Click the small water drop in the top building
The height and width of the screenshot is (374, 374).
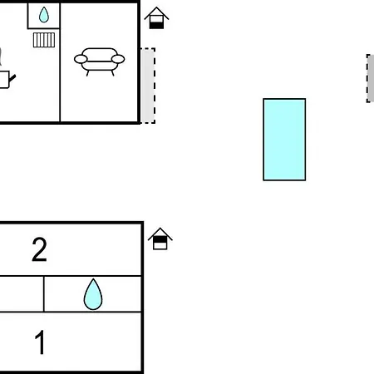pos(44,15)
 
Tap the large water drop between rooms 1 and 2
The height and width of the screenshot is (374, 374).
pos(93,294)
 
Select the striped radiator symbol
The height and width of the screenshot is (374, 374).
pos(44,40)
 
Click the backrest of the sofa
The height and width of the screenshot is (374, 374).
pos(100,52)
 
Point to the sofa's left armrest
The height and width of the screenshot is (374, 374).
pos(81,59)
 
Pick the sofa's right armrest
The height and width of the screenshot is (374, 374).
pos(118,59)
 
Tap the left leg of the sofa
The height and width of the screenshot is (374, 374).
pos(87,73)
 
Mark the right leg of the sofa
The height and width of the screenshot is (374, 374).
pos(112,73)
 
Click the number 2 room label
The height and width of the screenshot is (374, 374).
pos(39,249)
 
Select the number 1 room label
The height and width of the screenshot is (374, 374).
pos(41,342)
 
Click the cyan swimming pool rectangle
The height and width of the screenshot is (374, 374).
pos(284,140)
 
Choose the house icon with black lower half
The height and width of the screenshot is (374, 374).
pos(156,18)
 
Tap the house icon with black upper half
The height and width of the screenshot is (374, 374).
pos(160,239)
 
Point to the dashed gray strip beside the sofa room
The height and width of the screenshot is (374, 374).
pos(148,86)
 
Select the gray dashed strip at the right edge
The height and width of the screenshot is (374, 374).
pos(371,78)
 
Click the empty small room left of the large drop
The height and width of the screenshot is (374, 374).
pos(22,294)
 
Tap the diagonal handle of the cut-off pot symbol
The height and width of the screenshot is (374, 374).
pos(12,78)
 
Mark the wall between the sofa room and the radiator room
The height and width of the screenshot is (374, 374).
pos(60,62)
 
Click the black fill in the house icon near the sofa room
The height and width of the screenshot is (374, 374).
pos(156,26)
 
